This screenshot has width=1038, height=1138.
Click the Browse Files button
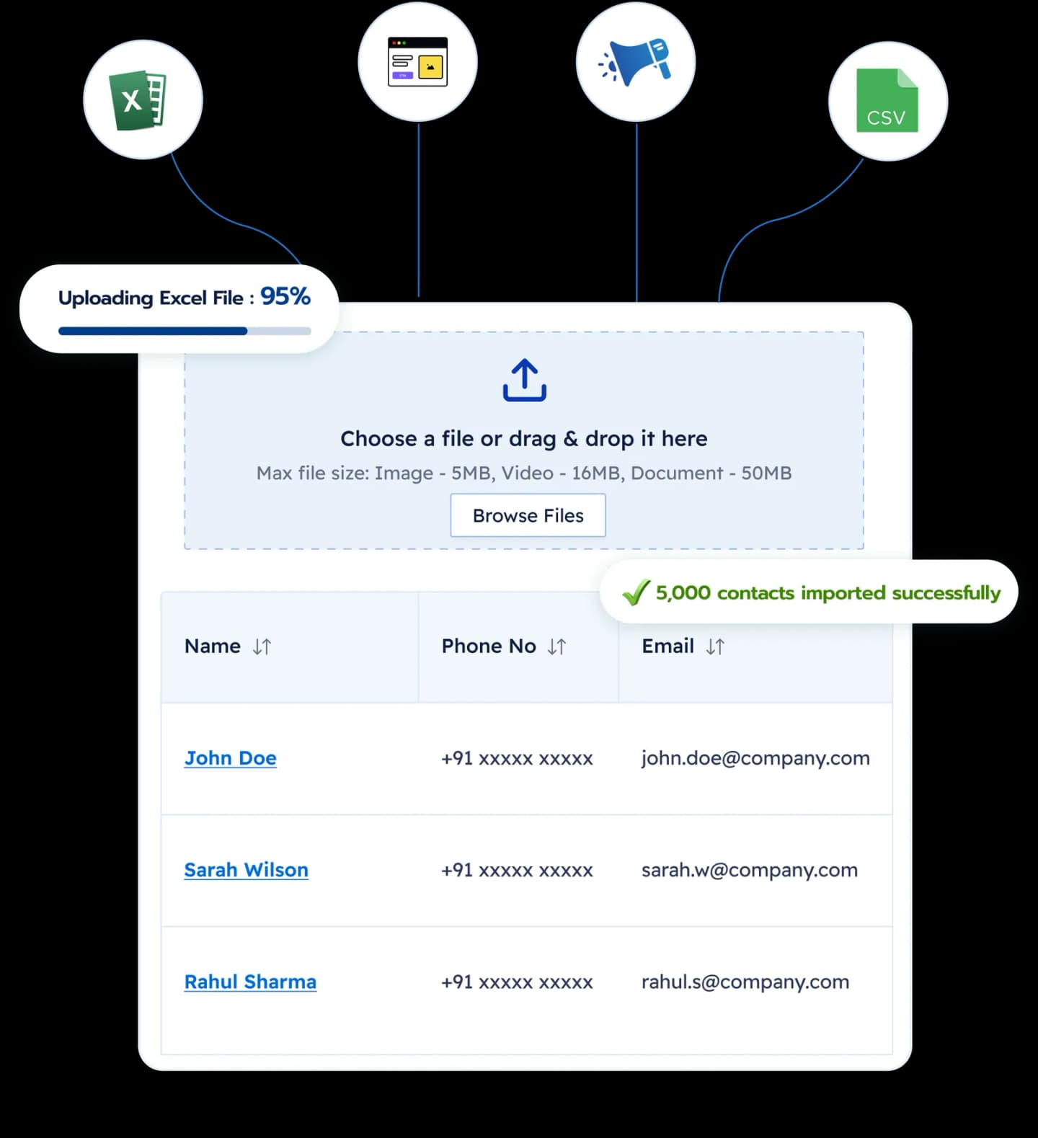tap(528, 515)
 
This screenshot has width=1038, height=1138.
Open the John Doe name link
tap(231, 758)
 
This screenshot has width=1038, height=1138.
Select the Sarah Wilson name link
tap(247, 870)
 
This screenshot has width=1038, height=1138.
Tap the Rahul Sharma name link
tap(250, 982)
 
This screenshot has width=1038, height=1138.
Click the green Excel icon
tap(138, 100)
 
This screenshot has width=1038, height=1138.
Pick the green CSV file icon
tap(887, 100)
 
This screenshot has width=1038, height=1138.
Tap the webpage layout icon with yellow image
tap(417, 62)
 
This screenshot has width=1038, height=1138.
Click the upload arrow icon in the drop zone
tap(525, 380)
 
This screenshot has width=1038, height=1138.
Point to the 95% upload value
tap(285, 296)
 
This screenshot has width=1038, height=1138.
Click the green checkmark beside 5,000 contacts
tap(636, 592)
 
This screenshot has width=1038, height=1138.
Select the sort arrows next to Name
tap(262, 646)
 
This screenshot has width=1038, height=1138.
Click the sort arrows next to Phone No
tap(556, 646)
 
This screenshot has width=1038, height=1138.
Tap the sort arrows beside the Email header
tap(715, 646)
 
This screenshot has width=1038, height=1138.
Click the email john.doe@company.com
tap(755, 758)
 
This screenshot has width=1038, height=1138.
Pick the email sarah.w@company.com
tap(750, 870)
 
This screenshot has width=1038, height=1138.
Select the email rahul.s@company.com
tap(745, 982)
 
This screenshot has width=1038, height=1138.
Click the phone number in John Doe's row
tap(517, 758)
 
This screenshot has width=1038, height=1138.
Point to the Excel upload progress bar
tap(185, 332)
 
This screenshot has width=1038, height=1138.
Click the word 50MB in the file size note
tap(766, 473)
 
